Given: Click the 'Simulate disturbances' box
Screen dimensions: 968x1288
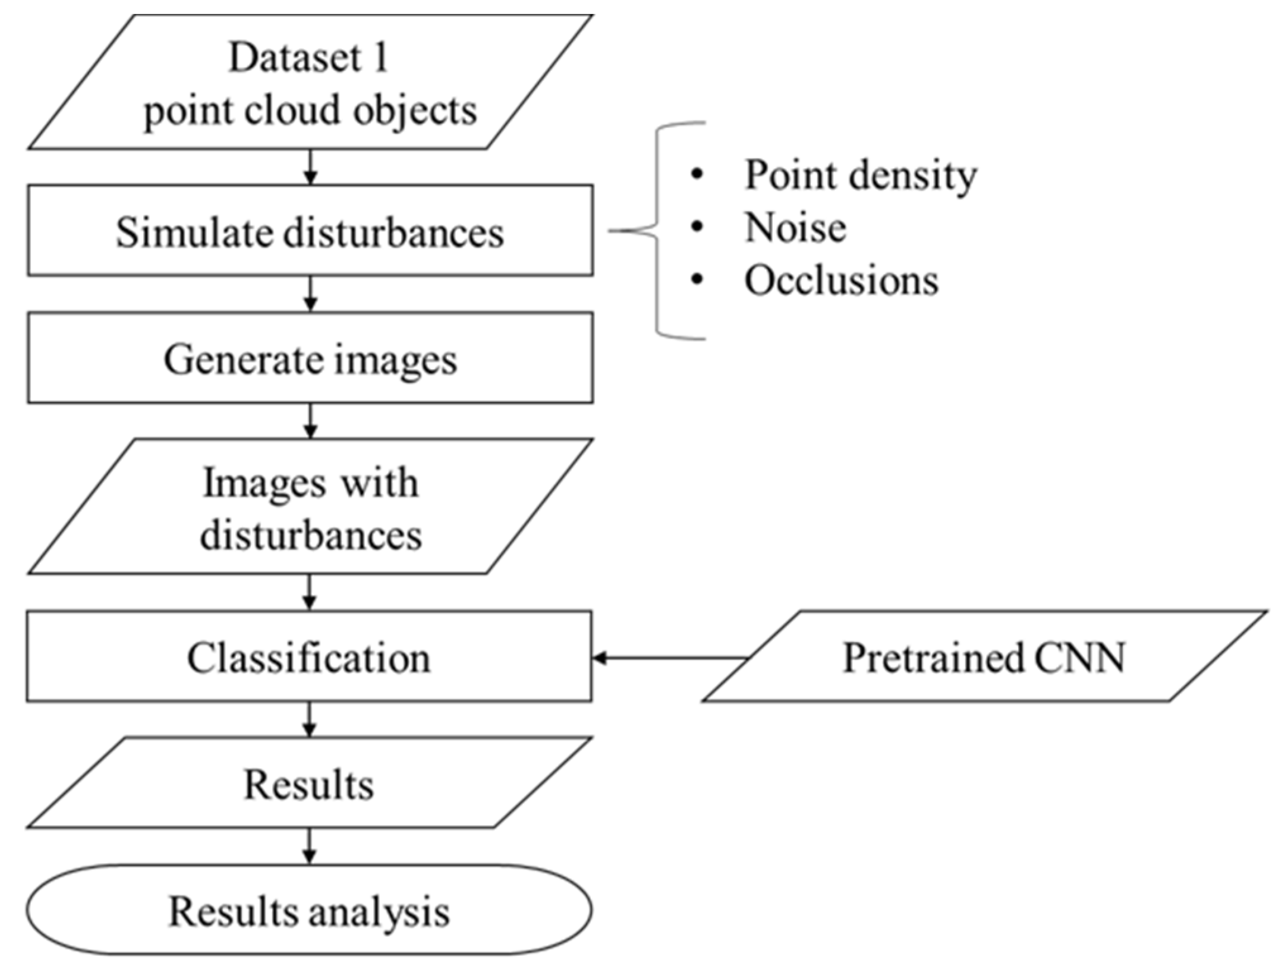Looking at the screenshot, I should pos(310,231).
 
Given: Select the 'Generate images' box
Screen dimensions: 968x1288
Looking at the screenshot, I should pos(310,358).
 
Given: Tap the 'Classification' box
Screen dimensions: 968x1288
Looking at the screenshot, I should pos(308,657).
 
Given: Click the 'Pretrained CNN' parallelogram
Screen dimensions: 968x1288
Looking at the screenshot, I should pos(984,657).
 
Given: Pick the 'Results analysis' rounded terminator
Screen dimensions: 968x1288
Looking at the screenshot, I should pos(308,911).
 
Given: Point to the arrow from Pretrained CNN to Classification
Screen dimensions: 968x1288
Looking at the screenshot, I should pos(670,658).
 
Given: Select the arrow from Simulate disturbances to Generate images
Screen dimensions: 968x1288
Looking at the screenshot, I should pos(310,294).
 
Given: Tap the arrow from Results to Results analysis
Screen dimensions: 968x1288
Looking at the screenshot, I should pos(308,846).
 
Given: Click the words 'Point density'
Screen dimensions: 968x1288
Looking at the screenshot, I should pos(860,175).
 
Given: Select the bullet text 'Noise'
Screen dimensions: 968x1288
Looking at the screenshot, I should pos(795,227).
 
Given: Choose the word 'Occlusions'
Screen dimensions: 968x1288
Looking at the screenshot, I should pos(841,280).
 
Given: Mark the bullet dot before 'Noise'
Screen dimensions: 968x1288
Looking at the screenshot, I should pos(697,227).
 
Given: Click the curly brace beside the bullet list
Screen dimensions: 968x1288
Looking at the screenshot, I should pos(657,231).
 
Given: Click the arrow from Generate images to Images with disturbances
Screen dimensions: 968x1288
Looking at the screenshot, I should pos(310,421).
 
